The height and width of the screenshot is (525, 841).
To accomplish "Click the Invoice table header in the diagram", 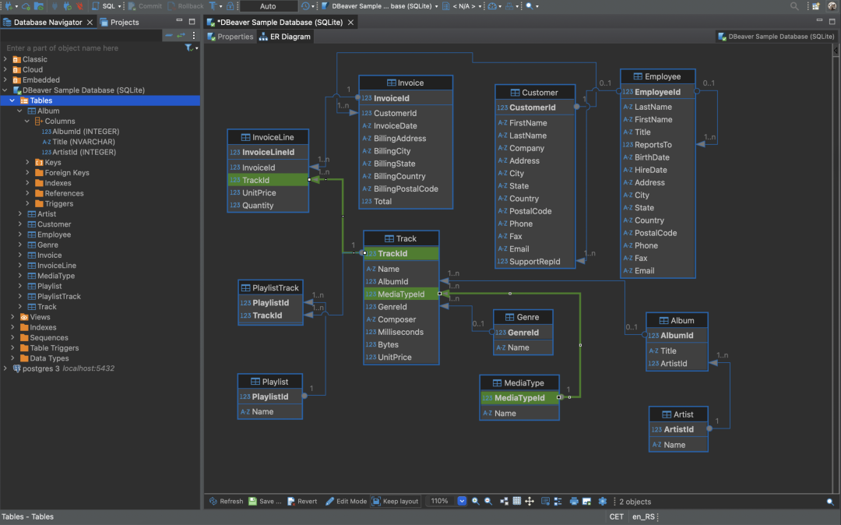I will (x=405, y=83).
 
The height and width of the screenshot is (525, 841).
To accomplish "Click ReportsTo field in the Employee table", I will (x=653, y=145).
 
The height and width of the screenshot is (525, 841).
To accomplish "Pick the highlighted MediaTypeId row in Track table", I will (x=401, y=294).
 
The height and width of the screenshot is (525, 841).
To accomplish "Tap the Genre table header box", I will (x=523, y=317).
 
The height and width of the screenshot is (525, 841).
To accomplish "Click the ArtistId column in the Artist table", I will (x=678, y=429).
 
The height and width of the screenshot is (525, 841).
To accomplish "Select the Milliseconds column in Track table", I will (x=400, y=332).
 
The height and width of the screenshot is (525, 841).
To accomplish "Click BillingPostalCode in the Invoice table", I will (x=406, y=189).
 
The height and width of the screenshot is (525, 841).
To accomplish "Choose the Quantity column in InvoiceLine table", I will (x=258, y=206).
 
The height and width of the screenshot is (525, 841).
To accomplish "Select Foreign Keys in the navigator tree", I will (x=67, y=173).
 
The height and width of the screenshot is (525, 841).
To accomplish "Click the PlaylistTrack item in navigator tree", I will (x=59, y=297).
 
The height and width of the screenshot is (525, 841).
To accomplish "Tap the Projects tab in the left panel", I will (x=124, y=23).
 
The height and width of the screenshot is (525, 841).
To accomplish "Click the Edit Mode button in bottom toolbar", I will (x=346, y=502).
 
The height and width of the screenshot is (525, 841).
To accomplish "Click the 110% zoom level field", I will (x=441, y=502).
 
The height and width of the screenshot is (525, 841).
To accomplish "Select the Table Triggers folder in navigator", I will (x=54, y=348).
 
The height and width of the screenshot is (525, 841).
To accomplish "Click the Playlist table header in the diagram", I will (x=269, y=382).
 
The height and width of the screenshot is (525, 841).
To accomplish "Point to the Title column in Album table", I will (x=668, y=351).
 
